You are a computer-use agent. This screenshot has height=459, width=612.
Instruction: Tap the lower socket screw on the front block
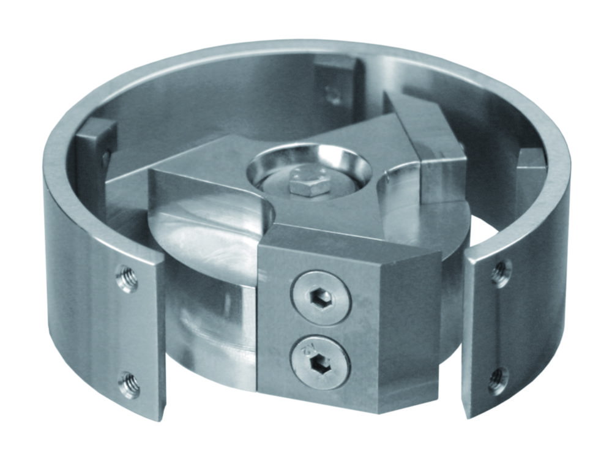tap(320, 362)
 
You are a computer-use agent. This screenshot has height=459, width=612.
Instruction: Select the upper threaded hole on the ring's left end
tap(127, 279)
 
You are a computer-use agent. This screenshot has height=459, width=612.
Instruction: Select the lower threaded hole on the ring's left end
tap(129, 384)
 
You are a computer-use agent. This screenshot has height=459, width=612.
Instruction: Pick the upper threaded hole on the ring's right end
tap(501, 272)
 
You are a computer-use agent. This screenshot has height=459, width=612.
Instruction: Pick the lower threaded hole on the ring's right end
tap(499, 379)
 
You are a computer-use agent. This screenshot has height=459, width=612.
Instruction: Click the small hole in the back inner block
tap(334, 95)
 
